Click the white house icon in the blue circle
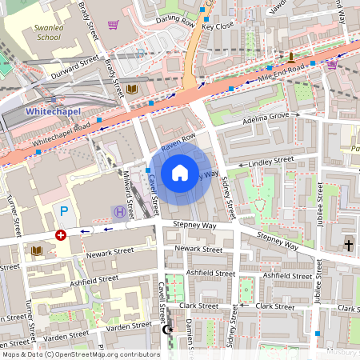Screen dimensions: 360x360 click(x=180, y=172)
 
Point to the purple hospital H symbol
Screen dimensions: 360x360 click(x=119, y=211)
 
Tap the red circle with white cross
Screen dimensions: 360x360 click(x=61, y=235)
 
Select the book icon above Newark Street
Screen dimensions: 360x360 click(x=37, y=250)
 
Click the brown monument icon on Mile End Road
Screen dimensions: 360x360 click(x=291, y=56)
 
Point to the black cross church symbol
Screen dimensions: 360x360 click(x=348, y=243)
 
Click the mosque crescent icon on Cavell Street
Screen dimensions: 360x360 click(x=168, y=329)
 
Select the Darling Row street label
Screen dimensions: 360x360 click(x=175, y=23)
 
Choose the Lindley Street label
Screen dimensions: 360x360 click(x=271, y=162)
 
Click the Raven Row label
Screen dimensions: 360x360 click(x=178, y=142)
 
